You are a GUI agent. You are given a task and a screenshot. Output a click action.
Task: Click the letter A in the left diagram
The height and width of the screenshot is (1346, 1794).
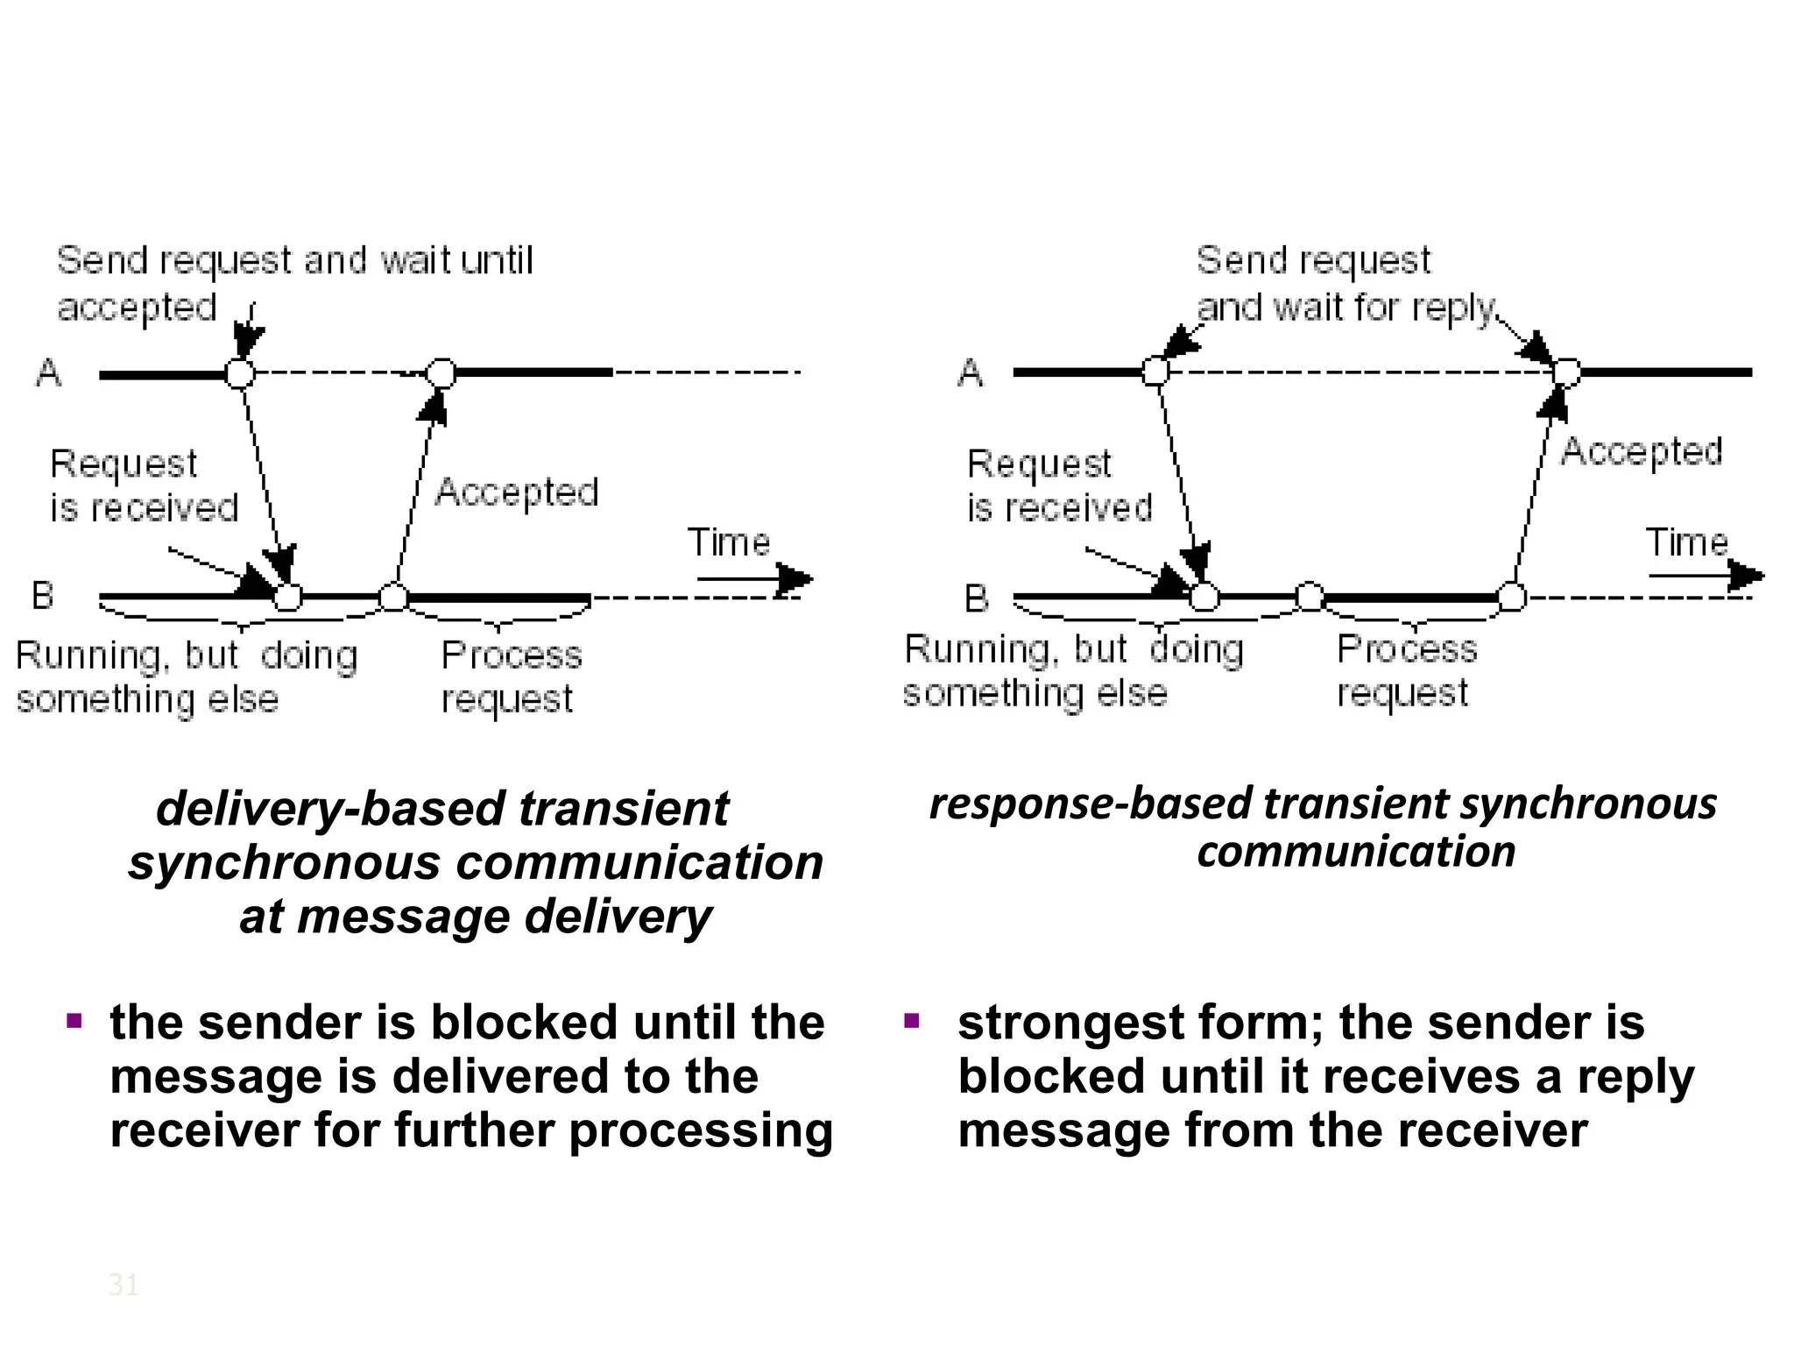pyautogui.click(x=48, y=373)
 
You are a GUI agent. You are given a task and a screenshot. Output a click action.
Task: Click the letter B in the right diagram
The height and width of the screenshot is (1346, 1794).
pyautogui.click(x=976, y=599)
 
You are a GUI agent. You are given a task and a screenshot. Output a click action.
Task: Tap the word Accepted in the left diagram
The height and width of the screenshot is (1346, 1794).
pyautogui.click(x=517, y=492)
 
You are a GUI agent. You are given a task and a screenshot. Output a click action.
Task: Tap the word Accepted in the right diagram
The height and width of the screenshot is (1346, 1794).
pyautogui.click(x=1642, y=453)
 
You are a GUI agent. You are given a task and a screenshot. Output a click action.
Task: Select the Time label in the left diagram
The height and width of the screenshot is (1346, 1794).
pyautogui.click(x=728, y=542)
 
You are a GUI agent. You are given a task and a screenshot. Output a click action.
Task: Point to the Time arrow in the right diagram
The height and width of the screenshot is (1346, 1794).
pyautogui.click(x=1705, y=576)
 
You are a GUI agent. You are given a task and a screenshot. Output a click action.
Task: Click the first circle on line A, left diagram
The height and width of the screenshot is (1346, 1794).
pyautogui.click(x=240, y=373)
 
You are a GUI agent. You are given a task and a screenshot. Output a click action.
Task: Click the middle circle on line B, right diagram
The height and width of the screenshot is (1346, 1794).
pyautogui.click(x=1310, y=598)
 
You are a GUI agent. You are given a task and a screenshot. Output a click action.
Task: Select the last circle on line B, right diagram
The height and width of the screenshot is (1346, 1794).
pyautogui.click(x=1512, y=598)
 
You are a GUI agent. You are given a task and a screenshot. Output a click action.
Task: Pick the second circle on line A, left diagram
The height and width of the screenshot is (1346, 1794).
pyautogui.click(x=441, y=373)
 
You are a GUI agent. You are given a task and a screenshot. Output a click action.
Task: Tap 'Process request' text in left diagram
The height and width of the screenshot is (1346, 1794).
pyautogui.click(x=511, y=677)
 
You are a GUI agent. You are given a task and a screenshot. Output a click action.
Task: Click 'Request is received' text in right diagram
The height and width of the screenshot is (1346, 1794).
pyautogui.click(x=1058, y=486)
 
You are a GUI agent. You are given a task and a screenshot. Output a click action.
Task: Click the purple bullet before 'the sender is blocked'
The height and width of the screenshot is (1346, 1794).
pyautogui.click(x=74, y=1021)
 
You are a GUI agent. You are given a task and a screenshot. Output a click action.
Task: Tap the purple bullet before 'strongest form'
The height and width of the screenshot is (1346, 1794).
pyautogui.click(x=912, y=1021)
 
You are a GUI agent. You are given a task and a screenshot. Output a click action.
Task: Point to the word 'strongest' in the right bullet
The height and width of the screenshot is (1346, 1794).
pyautogui.click(x=1070, y=1024)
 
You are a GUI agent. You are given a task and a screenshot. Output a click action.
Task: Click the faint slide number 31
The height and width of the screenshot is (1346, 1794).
pyautogui.click(x=123, y=1286)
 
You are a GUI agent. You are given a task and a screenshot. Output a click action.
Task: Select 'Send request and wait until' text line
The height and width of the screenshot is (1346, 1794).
pyautogui.click(x=294, y=261)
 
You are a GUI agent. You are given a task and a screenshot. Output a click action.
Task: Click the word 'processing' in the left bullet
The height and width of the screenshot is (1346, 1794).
pyautogui.click(x=701, y=1130)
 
